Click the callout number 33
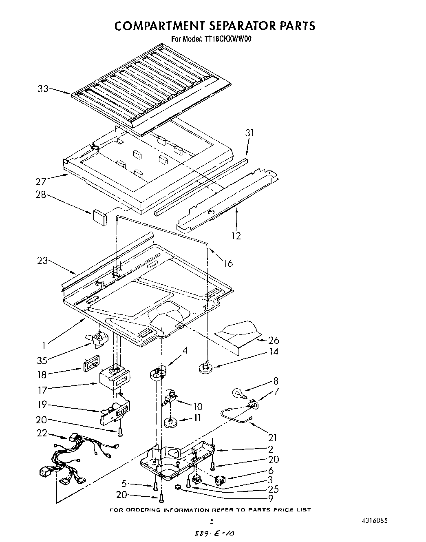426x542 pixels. pyautogui.click(x=43, y=88)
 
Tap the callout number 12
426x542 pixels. pyautogui.click(x=236, y=235)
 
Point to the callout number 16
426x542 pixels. pyautogui.click(x=228, y=263)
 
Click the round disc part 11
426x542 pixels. pyautogui.click(x=172, y=421)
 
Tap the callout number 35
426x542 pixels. pyautogui.click(x=42, y=360)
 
